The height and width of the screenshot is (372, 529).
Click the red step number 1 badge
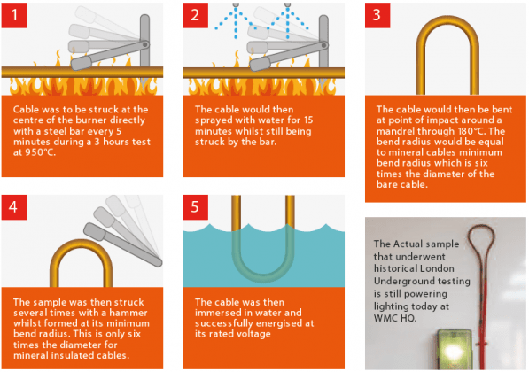coord(14,15)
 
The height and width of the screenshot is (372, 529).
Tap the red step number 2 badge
coord(195,15)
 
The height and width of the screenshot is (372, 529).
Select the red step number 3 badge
coord(377,15)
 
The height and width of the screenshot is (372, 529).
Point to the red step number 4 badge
coord(14,207)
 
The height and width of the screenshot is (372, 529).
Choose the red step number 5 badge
coord(195,207)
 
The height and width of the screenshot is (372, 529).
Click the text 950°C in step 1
coord(40,152)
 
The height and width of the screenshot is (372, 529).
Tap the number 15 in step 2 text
coord(308,120)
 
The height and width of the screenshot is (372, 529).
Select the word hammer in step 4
coord(128,313)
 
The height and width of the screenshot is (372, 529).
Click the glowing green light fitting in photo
coord(454,350)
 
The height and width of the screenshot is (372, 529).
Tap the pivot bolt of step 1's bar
coord(144,44)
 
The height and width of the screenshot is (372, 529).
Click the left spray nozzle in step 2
coord(236,4)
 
